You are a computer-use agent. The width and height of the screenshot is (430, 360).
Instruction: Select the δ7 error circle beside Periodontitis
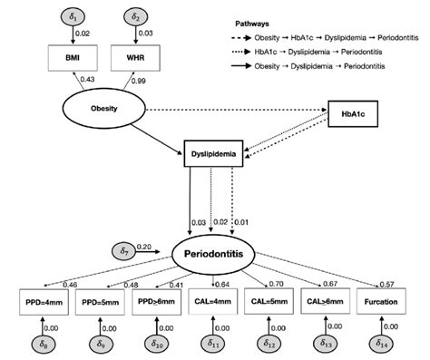click(125, 249)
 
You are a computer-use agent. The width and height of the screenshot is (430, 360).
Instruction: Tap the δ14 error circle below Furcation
click(381, 345)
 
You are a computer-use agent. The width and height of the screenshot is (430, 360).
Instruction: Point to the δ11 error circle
click(211, 345)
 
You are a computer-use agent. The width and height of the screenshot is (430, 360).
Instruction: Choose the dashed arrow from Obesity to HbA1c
click(236, 112)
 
